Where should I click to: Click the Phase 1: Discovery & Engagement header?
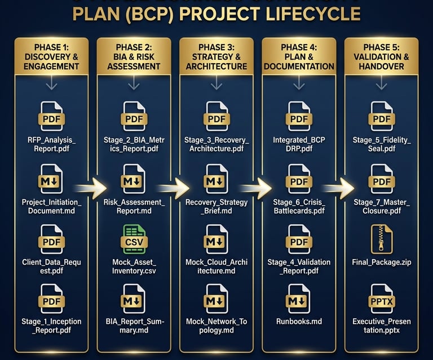51,56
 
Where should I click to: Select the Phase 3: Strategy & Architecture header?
216,56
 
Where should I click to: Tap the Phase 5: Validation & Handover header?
382,56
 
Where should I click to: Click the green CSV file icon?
134,239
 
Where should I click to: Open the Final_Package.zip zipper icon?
382,239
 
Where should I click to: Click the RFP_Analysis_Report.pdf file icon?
51,117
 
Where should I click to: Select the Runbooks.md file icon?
299,300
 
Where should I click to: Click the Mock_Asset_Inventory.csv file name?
134,266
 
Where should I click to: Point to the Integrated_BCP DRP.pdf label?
299,144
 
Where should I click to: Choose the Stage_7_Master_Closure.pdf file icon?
382,179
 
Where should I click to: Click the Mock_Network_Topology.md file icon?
216,300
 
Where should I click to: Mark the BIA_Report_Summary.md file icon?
134,300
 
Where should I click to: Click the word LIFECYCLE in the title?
299,13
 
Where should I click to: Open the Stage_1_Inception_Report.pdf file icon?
51,300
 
